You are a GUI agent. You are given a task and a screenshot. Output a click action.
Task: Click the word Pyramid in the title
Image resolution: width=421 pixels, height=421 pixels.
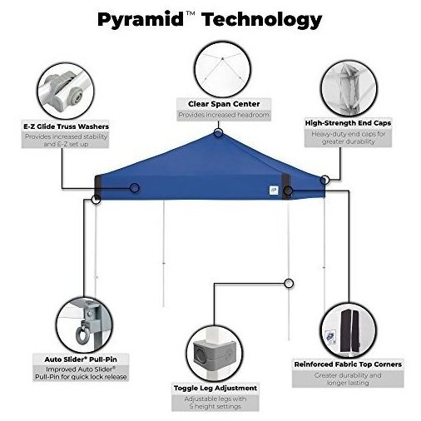pos(141,20)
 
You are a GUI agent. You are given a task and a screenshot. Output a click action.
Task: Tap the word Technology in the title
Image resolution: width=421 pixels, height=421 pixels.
pos(261,20)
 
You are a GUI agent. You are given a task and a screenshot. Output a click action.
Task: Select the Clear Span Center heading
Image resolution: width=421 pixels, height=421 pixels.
pos(224,104)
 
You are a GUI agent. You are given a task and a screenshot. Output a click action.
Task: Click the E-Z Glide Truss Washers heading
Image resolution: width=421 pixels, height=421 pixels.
pos(66,126)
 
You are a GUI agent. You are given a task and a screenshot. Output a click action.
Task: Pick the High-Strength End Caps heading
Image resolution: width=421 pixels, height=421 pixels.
pos(348,123)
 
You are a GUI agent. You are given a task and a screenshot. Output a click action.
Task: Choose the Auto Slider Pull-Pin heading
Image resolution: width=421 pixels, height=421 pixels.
pos(81,359)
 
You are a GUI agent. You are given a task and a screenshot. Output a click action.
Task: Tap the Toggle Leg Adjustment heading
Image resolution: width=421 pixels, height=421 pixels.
pos(215,388)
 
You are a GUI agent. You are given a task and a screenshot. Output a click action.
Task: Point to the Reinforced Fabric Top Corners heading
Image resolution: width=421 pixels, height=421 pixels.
pos(348,364)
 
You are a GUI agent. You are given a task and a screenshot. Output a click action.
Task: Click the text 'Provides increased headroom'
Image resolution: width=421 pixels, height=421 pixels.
pos(224,115)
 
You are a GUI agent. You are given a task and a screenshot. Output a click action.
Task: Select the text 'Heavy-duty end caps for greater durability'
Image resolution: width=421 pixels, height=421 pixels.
pos(349,138)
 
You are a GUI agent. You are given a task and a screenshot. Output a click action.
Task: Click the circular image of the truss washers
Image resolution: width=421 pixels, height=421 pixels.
pos(66,92)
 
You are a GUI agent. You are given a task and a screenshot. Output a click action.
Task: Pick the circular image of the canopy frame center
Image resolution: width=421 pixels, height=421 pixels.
pos(223,69)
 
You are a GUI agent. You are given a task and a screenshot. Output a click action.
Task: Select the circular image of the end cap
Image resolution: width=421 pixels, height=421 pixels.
pos(349,89)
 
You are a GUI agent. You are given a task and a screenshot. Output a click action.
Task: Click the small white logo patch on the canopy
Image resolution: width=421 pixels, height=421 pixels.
pos(274,190)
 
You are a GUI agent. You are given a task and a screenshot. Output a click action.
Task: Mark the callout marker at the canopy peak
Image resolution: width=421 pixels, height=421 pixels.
pos(218,133)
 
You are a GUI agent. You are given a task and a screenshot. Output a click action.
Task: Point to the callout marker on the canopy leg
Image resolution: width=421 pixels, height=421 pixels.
pos(289,284)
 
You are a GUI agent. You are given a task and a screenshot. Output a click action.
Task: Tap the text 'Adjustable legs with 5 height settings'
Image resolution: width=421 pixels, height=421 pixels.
pos(215,403)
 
